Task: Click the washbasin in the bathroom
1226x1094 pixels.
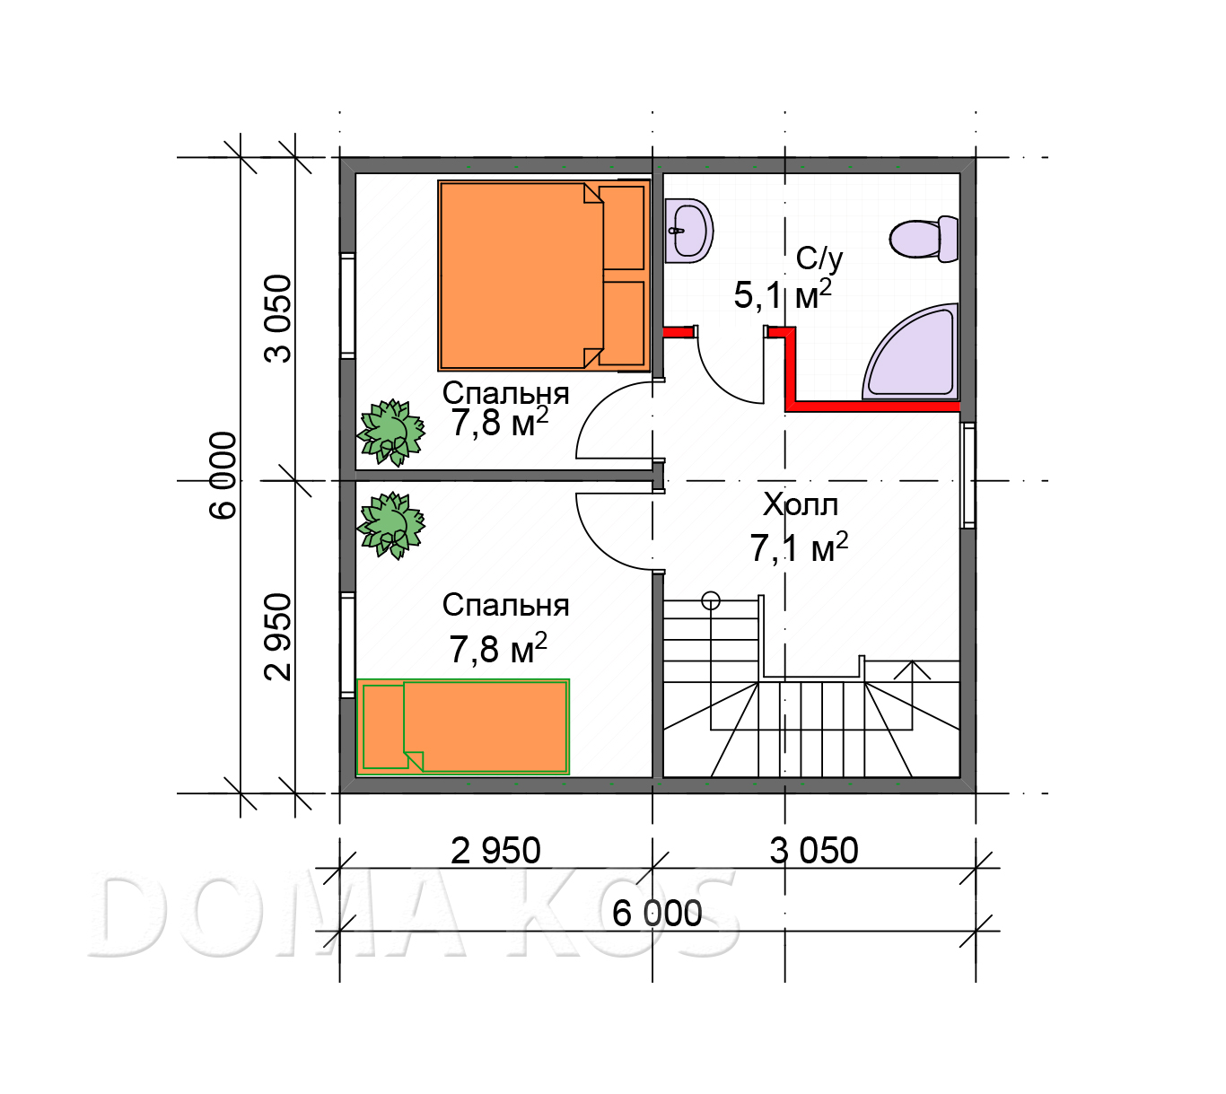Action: click(x=688, y=231)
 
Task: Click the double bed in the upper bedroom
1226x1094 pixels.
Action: click(x=543, y=275)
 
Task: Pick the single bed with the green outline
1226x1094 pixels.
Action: click(x=463, y=726)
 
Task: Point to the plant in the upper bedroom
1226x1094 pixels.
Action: click(x=391, y=433)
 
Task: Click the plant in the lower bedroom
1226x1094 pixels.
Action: click(x=391, y=525)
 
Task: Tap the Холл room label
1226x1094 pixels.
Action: click(x=800, y=504)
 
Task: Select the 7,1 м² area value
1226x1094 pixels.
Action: click(x=799, y=547)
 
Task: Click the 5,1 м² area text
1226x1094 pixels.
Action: click(x=783, y=294)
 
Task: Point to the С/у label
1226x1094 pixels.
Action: click(x=819, y=258)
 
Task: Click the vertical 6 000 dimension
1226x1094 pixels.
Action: click(x=223, y=475)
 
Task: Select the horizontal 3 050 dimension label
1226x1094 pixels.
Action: click(x=814, y=850)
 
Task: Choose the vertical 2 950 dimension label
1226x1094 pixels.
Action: click(x=278, y=636)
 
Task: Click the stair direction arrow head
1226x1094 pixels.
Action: click(x=912, y=670)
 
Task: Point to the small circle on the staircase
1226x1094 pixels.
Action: click(x=711, y=600)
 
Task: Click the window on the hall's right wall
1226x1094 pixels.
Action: click(x=968, y=475)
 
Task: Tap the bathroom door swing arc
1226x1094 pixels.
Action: click(x=725, y=376)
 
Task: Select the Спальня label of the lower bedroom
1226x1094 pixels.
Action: click(x=506, y=605)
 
